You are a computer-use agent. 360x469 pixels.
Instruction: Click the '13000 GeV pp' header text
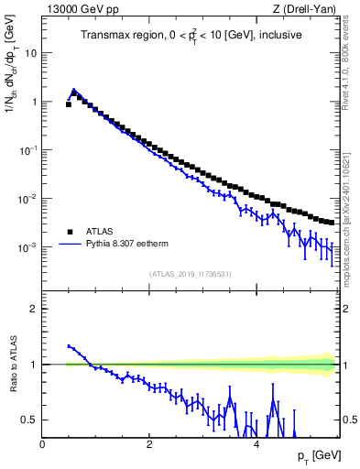click(x=80, y=10)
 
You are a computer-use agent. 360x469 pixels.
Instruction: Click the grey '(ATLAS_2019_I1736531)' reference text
click(x=191, y=275)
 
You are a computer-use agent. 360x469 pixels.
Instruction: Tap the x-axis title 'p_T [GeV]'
click(x=317, y=455)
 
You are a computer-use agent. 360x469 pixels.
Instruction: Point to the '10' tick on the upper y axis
click(x=30, y=53)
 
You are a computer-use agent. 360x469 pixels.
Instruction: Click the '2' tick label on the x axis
click(x=149, y=443)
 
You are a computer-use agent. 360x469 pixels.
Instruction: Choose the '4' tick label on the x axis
click(x=256, y=443)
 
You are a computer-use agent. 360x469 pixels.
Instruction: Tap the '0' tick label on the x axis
click(x=43, y=443)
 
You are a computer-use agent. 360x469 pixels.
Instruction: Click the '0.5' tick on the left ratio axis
click(x=27, y=420)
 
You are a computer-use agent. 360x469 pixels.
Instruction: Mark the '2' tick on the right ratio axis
click(x=347, y=309)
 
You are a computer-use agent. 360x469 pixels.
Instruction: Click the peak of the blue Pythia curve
click(x=74, y=91)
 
